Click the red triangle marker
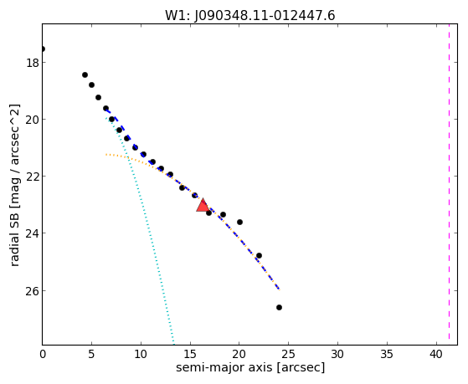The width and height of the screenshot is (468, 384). [x=203, y=206]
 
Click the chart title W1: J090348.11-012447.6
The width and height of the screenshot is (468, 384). [x=250, y=15]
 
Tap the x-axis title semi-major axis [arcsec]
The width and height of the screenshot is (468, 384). [x=250, y=367]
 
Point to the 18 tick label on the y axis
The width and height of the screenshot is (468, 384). [x=32, y=63]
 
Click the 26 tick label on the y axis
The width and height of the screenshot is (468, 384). [x=32, y=291]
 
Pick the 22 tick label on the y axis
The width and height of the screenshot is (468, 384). [x=32, y=177]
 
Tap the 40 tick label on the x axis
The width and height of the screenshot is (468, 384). [x=436, y=355]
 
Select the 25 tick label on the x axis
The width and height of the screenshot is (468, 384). [x=288, y=355]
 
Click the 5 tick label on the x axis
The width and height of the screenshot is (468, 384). [x=91, y=355]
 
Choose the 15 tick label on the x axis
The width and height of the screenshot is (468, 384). [x=190, y=355]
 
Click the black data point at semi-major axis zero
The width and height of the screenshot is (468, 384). [x=43, y=49]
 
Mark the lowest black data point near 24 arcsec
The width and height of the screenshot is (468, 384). [x=279, y=307]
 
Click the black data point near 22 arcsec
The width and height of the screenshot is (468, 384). [x=259, y=255]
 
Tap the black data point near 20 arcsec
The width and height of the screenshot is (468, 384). [x=239, y=222]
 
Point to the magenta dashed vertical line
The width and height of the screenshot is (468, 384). [x=449, y=184]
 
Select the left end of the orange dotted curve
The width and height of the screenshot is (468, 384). [x=106, y=155]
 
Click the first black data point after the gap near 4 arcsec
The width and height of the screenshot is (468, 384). [x=85, y=74]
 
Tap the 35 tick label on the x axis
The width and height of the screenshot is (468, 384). [x=387, y=355]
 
